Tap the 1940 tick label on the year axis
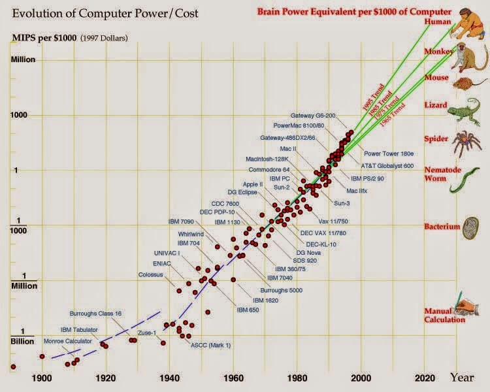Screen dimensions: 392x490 (169, 377)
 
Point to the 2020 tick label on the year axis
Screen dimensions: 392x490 (425, 377)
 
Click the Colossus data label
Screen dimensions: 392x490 (151, 274)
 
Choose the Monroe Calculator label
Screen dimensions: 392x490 (67, 341)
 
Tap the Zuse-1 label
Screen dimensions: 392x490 (146, 333)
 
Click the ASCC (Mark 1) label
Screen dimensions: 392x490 (206, 344)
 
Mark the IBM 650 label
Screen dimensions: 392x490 (248, 309)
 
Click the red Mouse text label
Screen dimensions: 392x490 (436, 78)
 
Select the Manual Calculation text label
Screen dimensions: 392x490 (445, 315)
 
